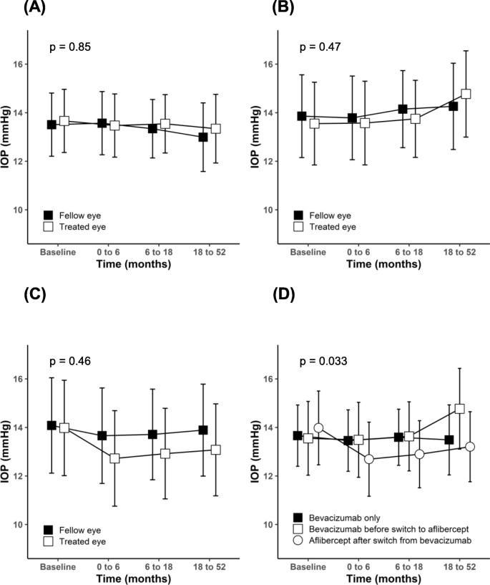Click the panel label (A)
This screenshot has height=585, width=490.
point(16,9)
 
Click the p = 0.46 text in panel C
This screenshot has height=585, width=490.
point(69,362)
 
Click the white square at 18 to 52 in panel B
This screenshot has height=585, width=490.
point(466,93)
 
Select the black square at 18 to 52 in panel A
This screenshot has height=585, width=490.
point(203,137)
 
